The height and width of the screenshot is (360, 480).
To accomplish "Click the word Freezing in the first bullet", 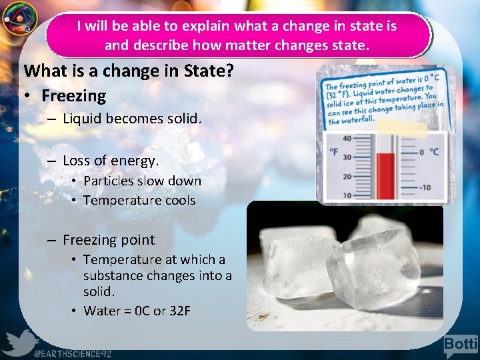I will click(73, 96).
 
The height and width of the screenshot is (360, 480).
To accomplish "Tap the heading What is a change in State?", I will click(128, 70).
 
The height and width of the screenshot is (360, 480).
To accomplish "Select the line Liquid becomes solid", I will click(132, 119).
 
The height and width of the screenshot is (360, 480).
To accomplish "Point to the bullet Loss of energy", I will click(111, 161).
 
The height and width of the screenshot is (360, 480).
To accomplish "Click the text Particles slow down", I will click(142, 181).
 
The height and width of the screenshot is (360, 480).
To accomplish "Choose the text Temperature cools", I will click(139, 200).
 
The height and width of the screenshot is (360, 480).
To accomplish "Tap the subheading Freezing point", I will click(109, 240).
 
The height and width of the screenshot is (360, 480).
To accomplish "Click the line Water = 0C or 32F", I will click(137, 311).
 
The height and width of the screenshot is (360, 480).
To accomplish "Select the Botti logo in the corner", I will click(461, 344).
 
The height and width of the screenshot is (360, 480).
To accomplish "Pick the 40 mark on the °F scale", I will click(347, 139).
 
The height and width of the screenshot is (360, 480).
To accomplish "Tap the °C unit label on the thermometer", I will click(433, 152).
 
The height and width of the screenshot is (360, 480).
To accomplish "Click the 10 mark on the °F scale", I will click(347, 195).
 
